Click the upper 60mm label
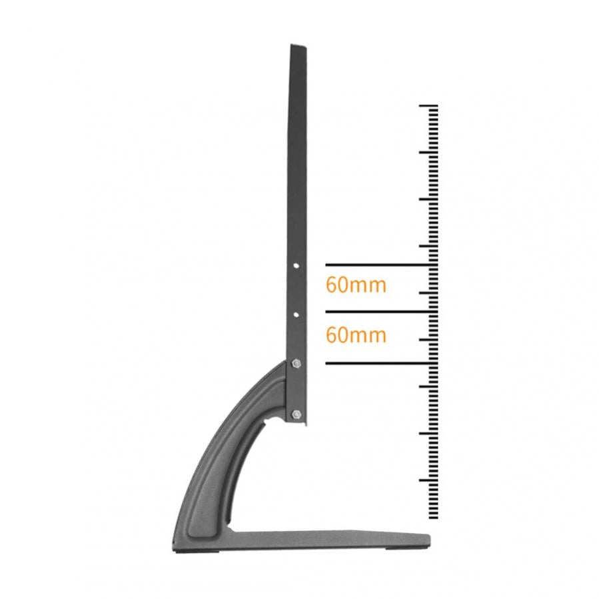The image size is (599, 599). click(356, 285)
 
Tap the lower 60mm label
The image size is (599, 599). click(356, 334)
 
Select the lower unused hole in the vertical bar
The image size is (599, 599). click(297, 312)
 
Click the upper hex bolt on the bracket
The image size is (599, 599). click(297, 363)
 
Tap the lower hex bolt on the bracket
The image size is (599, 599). click(297, 414)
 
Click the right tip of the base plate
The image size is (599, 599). click(427, 539)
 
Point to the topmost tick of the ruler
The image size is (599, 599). click(428, 106)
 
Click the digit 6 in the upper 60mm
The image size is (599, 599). click(331, 285)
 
